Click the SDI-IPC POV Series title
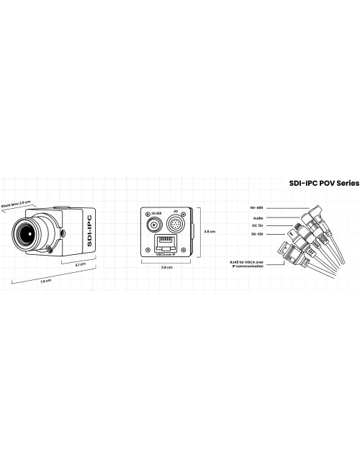(x=318, y=184)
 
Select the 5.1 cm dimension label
(x=81, y=264)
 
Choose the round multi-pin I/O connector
(x=175, y=224)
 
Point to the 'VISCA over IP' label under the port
(x=165, y=253)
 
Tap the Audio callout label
(x=257, y=217)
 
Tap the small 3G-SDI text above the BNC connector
(x=153, y=215)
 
